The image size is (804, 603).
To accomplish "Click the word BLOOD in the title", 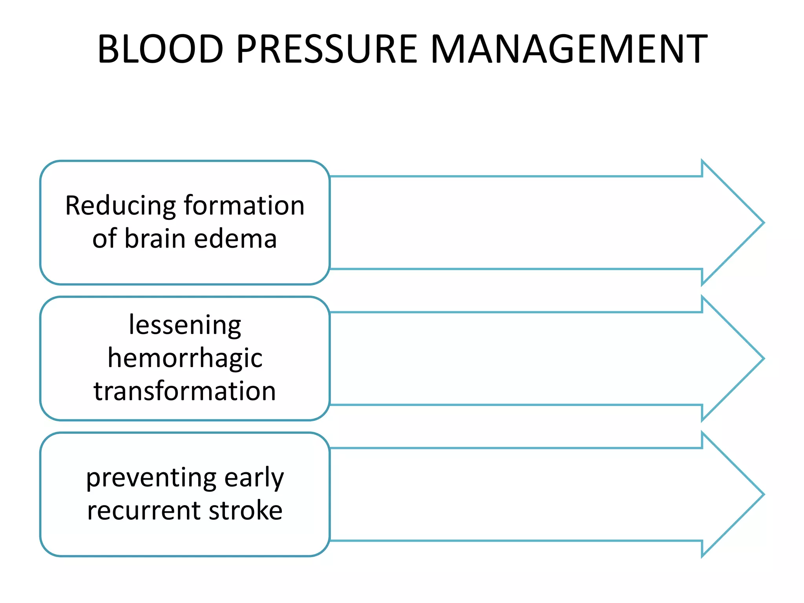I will (x=160, y=49).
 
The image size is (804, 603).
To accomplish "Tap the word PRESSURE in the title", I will (x=327, y=49).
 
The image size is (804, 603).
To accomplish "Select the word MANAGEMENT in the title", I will (x=569, y=49).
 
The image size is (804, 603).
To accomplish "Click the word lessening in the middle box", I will (x=185, y=325).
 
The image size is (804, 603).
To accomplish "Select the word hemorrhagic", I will (x=185, y=358).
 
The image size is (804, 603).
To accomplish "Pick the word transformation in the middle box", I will (x=185, y=391).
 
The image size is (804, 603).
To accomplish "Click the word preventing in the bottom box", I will (x=151, y=478).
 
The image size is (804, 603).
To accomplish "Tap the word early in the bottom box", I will (x=254, y=478).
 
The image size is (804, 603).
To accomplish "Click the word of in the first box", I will (x=104, y=239).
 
